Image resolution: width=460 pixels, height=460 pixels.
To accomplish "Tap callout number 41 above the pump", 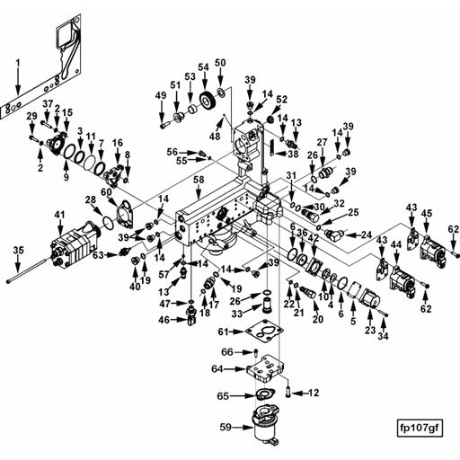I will point(60,214).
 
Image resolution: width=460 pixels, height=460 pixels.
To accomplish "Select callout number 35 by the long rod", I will point(17,250).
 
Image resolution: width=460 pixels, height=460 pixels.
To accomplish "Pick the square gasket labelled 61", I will point(269,332).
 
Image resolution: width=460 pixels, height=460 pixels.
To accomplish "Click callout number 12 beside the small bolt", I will point(314,393).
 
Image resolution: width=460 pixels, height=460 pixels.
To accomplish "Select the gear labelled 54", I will point(212,101).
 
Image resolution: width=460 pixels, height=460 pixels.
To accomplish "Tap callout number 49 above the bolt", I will point(161,96).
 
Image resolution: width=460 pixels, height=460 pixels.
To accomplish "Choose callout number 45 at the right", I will point(427,213).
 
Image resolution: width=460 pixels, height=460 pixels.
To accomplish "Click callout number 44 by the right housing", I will point(395,245).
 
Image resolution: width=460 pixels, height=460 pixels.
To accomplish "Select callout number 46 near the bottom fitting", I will point(164,320).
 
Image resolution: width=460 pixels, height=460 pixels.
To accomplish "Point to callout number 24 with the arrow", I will point(366,234).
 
